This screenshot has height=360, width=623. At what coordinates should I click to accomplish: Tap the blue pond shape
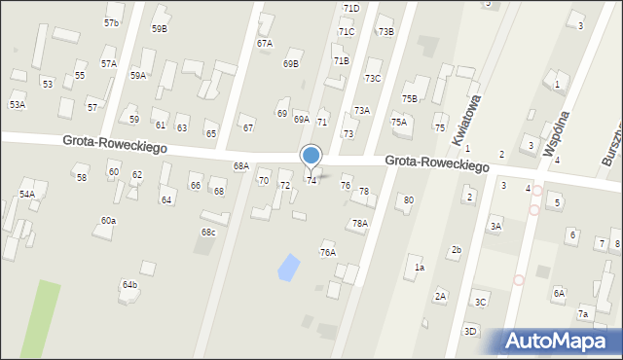(x=289, y=267)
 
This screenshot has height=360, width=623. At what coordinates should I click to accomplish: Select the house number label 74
(x=311, y=181)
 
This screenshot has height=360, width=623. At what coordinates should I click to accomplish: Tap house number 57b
(x=112, y=22)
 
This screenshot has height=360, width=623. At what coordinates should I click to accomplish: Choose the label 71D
(x=350, y=8)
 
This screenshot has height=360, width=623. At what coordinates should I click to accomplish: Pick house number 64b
(x=129, y=284)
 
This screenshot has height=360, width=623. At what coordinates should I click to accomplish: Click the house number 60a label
(x=108, y=221)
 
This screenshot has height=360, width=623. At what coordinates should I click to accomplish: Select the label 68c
(x=208, y=232)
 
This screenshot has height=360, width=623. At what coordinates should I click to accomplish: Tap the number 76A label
(x=328, y=253)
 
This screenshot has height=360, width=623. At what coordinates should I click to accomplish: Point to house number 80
(x=409, y=200)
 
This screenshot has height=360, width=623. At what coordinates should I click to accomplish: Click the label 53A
(x=18, y=104)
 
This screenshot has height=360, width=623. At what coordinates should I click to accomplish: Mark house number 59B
(x=160, y=28)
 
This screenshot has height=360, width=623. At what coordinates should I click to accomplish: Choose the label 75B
(x=410, y=98)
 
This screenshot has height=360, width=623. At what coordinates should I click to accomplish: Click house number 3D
(x=470, y=332)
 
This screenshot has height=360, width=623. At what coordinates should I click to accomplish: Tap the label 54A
(x=27, y=195)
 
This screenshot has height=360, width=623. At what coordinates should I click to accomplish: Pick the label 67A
(x=265, y=44)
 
